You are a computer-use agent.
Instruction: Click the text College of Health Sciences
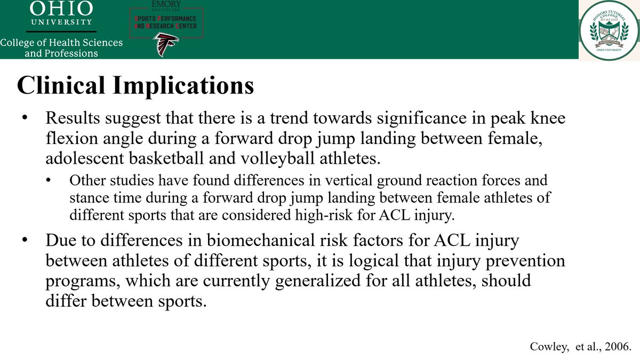click(x=61, y=43)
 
